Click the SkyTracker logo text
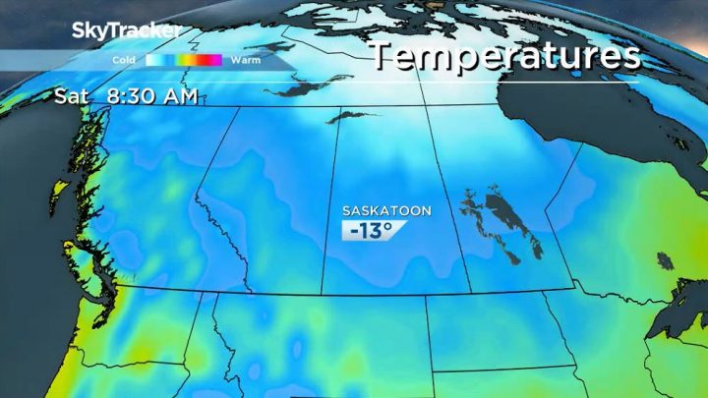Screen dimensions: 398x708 (126, 31)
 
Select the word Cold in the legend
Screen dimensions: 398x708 (124, 60)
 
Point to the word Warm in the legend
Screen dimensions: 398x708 (245, 60)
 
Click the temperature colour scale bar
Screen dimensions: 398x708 (184, 60)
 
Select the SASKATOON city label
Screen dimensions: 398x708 (386, 210)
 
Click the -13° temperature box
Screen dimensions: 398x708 (374, 230)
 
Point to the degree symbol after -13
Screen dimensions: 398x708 (389, 226)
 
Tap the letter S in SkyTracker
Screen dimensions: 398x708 (80, 31)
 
